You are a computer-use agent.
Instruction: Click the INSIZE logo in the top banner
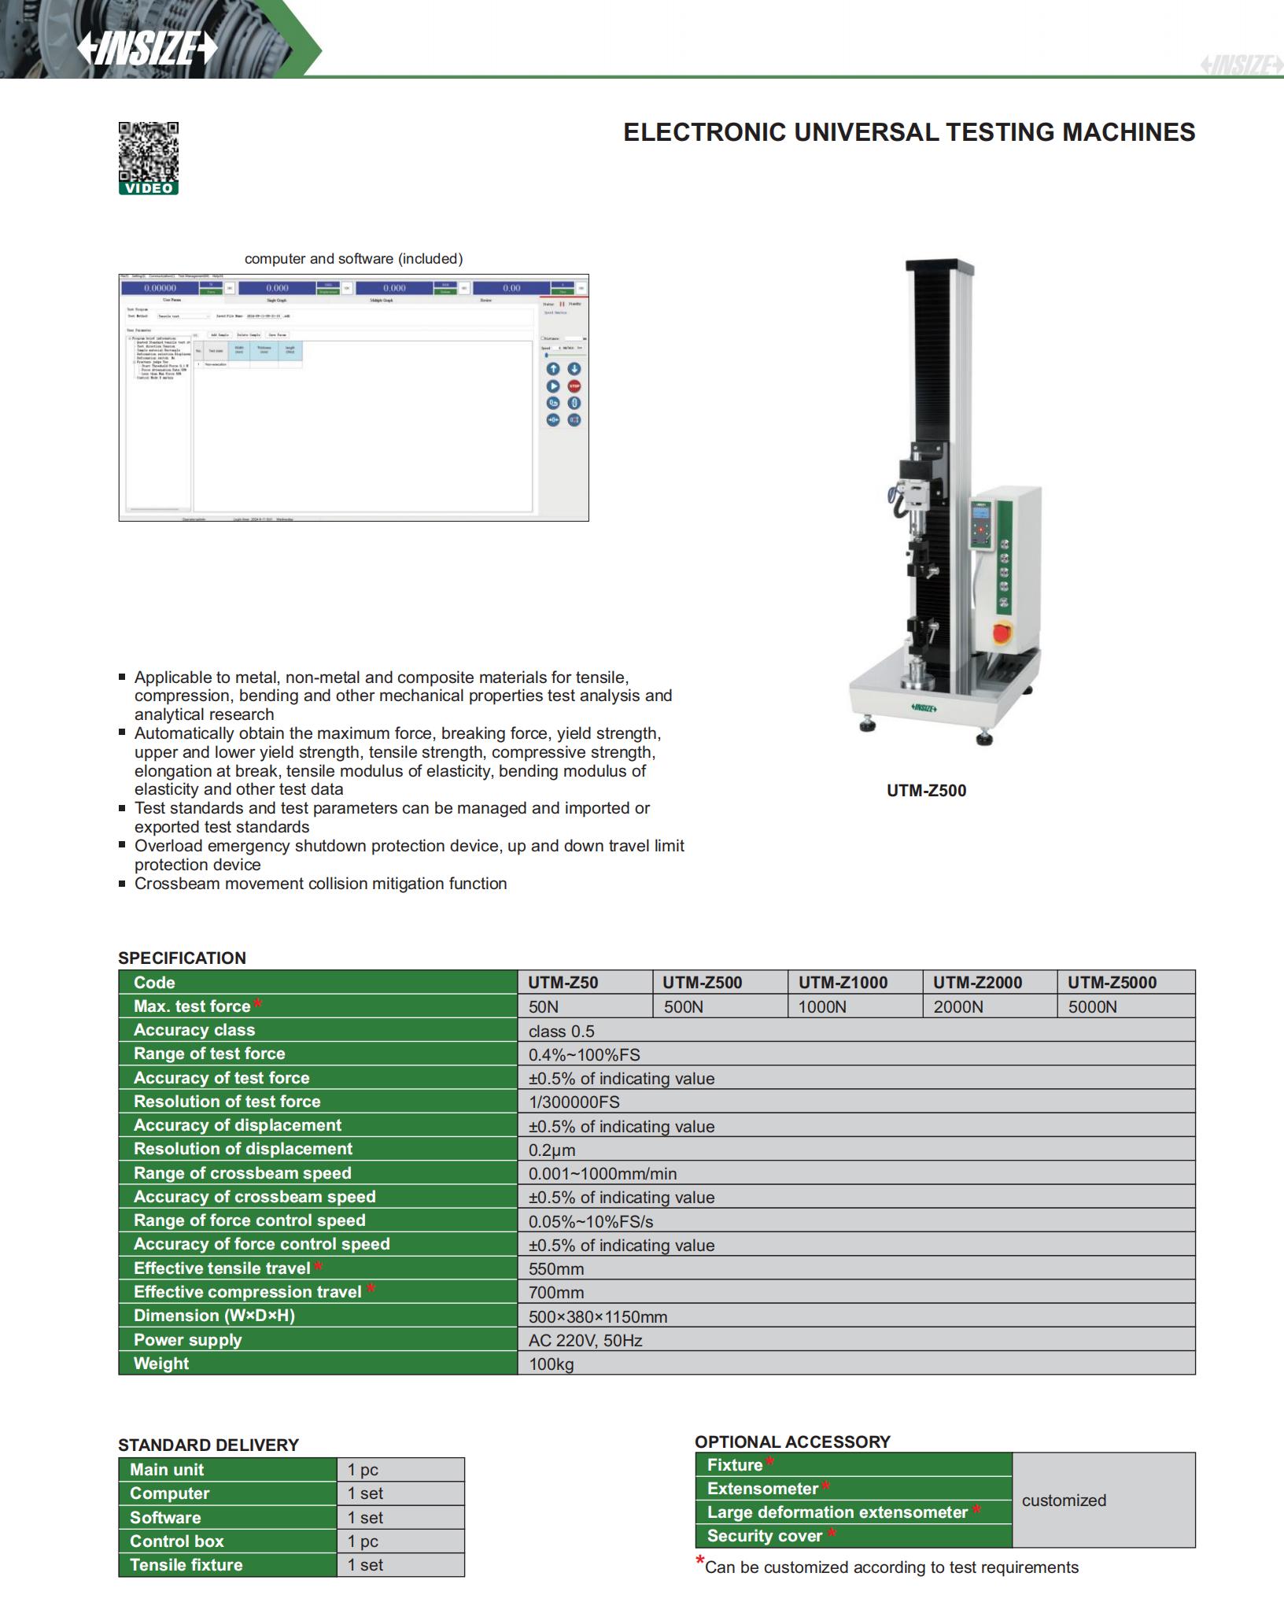pos(146,49)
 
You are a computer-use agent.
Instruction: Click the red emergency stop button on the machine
pos(1003,632)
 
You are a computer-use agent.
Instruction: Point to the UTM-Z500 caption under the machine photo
pos(926,791)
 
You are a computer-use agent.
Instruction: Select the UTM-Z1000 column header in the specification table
pos(843,982)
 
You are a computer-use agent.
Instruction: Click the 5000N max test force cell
pos(1092,1006)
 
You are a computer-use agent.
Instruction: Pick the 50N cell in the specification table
pos(544,1006)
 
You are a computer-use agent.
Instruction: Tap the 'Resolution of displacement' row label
pos(243,1149)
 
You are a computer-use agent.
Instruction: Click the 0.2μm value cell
pos(552,1150)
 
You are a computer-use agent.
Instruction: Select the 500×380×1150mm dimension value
pos(598,1316)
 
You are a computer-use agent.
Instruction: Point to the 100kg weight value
pos(551,1364)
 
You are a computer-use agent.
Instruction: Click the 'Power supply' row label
pos(188,1339)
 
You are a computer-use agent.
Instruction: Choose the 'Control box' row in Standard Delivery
pos(177,1541)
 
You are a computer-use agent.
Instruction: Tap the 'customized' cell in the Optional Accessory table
pos(1064,1500)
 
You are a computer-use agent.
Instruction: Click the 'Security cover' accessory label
pos(765,1535)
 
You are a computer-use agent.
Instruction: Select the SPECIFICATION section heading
pos(182,958)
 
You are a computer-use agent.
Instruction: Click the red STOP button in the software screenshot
pos(574,386)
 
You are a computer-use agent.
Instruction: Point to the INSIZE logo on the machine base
pos(924,707)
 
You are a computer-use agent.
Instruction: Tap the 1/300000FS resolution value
pos(574,1102)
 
